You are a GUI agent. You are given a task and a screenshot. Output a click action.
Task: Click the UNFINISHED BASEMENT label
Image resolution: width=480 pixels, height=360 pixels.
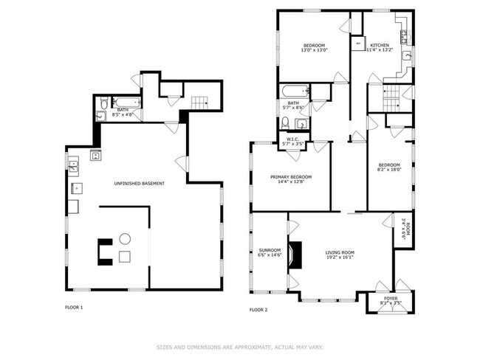pyautogui.click(x=139, y=183)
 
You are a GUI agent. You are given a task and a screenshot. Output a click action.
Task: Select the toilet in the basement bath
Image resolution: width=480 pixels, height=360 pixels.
pyautogui.click(x=103, y=103)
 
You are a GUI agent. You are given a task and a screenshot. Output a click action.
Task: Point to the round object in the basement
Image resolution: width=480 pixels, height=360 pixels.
pyautogui.click(x=125, y=238)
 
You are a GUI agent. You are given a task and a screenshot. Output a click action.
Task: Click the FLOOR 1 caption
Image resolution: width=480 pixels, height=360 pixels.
pyautogui.click(x=73, y=307)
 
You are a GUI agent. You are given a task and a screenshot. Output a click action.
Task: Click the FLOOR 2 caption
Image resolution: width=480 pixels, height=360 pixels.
pyautogui.click(x=258, y=310)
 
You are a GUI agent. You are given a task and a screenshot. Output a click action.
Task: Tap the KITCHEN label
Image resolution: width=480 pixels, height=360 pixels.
pyautogui.click(x=380, y=45)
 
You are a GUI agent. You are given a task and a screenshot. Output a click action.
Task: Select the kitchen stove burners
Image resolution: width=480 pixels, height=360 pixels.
pyautogui.click(x=405, y=35)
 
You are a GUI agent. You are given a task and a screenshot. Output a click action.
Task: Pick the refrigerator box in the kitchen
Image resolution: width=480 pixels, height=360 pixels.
pyautogui.click(x=358, y=44)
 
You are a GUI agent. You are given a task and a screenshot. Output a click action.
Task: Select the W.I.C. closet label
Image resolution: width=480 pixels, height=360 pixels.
pyautogui.click(x=293, y=139)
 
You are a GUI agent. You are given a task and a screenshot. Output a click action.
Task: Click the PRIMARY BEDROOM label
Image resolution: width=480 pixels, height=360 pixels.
pyautogui.click(x=290, y=177)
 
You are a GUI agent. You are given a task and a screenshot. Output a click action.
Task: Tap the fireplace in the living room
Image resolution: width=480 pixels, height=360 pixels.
pyautogui.click(x=295, y=255)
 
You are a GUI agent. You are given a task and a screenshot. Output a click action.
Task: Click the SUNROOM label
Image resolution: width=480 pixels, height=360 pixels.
pyautogui.click(x=270, y=250)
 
